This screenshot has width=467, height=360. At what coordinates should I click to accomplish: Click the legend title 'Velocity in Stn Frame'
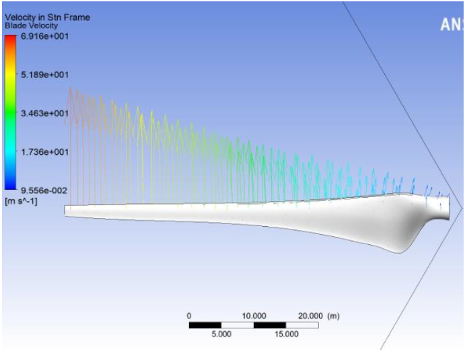point(47,17)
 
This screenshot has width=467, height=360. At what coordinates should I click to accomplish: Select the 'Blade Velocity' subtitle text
point(31,26)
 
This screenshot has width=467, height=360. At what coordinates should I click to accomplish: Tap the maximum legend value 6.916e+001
point(44,36)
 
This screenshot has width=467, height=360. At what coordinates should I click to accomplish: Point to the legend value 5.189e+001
point(44,75)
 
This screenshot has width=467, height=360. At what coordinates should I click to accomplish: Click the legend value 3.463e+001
point(44,114)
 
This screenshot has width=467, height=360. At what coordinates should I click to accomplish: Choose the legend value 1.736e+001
point(44,152)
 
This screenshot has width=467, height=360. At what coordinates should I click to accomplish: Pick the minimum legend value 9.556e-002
point(44,190)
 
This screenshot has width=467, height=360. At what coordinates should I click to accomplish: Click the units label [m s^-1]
point(21,201)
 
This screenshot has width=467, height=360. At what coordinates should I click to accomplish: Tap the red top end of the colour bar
point(10,37)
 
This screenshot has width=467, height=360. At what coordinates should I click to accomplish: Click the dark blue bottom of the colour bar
point(10,187)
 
